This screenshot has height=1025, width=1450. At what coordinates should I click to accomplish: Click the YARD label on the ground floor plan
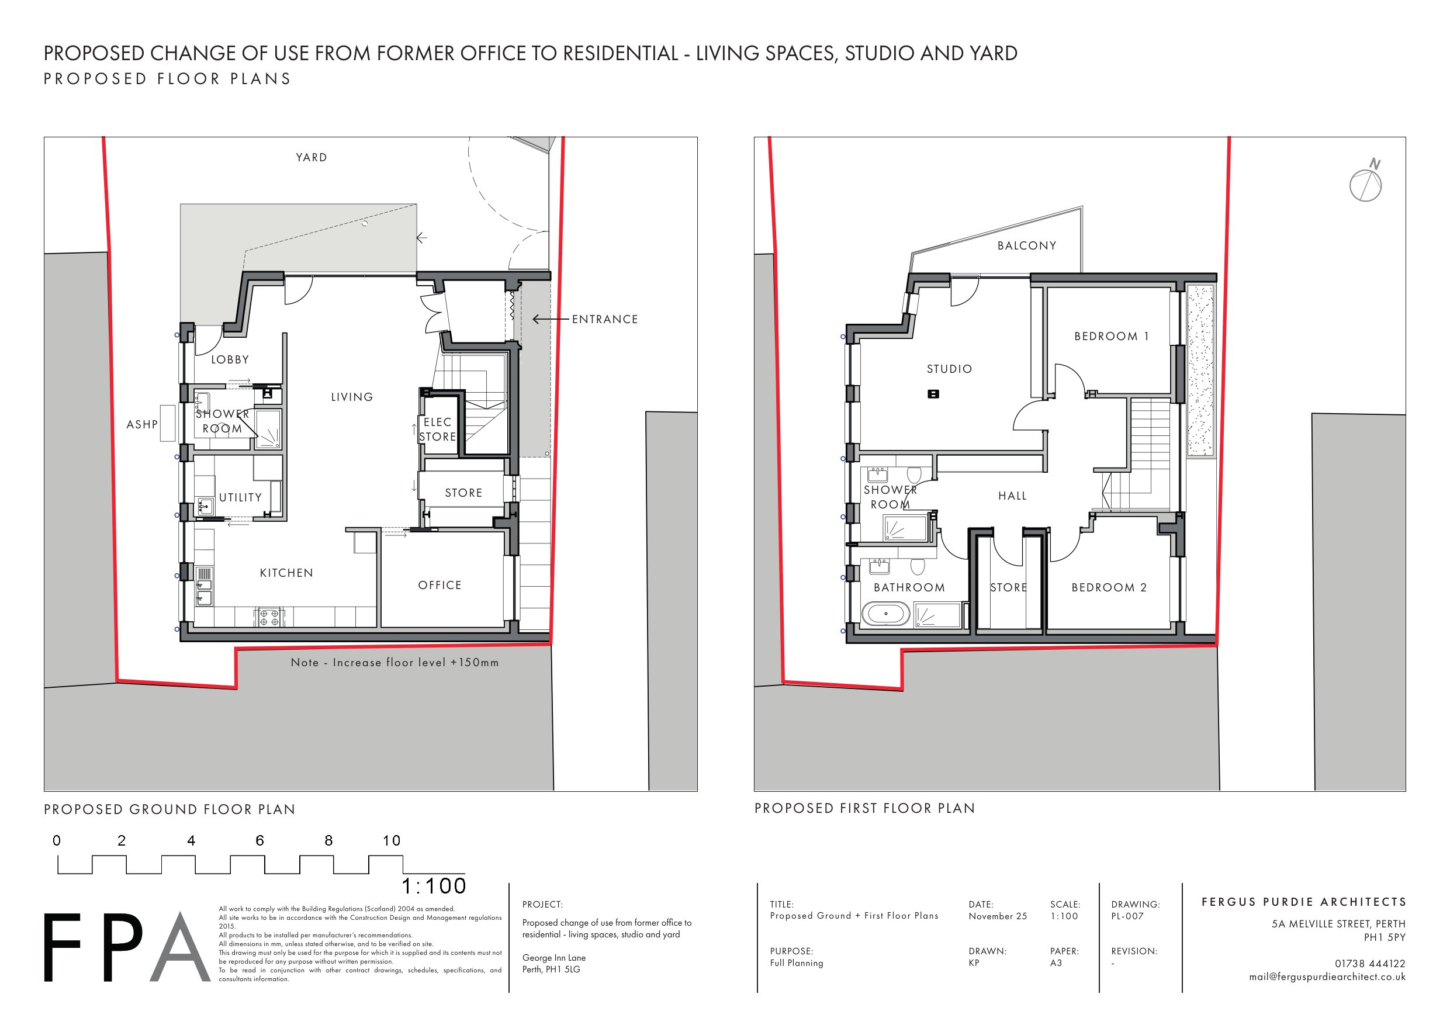(x=312, y=157)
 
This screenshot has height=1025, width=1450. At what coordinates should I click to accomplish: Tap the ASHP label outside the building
(x=142, y=424)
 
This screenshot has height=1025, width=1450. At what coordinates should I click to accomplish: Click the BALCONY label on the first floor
(x=1027, y=245)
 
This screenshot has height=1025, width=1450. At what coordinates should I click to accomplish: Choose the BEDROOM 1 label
(x=1112, y=336)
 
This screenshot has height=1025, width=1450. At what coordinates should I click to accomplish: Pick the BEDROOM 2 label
(x=1109, y=587)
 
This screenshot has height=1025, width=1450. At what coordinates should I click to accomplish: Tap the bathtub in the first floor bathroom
(x=885, y=613)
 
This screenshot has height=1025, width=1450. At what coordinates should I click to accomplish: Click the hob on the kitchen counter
(x=269, y=617)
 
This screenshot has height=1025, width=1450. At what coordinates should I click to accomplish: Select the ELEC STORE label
(x=438, y=430)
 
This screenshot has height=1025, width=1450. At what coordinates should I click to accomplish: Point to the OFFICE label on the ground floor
(x=440, y=586)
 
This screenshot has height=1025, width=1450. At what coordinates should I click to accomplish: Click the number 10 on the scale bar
(x=392, y=840)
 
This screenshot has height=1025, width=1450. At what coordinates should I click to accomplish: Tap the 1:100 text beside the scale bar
(x=434, y=886)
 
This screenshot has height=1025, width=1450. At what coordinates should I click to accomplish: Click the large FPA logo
(x=126, y=947)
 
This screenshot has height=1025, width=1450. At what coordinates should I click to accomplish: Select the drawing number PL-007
(x=1127, y=916)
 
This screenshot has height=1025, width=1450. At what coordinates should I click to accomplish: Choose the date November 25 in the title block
(x=998, y=916)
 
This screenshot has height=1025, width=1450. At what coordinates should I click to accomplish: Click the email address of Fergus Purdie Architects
(x=1327, y=977)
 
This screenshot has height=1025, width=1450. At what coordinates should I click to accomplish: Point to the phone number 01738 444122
(x=1370, y=964)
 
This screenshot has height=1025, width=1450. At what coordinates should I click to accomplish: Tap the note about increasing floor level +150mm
(x=394, y=663)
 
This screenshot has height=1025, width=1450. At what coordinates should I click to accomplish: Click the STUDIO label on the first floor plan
(x=949, y=369)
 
